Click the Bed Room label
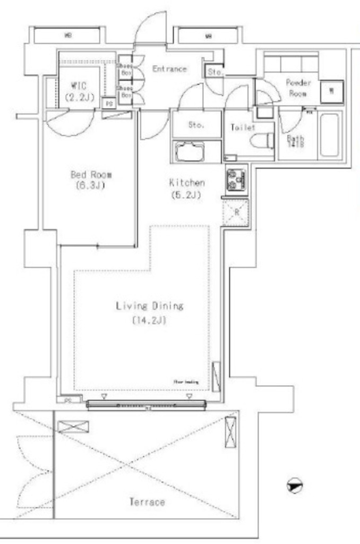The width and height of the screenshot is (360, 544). [91, 175]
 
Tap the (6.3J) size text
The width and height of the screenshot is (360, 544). [91, 186]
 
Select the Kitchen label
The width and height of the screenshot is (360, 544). [187, 183]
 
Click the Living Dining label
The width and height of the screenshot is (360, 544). [149, 306]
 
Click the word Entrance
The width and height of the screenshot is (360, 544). [169, 69]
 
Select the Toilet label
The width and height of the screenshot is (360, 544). [242, 127]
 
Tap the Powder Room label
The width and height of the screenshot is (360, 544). [298, 87]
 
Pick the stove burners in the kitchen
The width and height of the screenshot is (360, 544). [235, 181]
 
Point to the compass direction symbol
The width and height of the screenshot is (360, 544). [295, 486]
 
